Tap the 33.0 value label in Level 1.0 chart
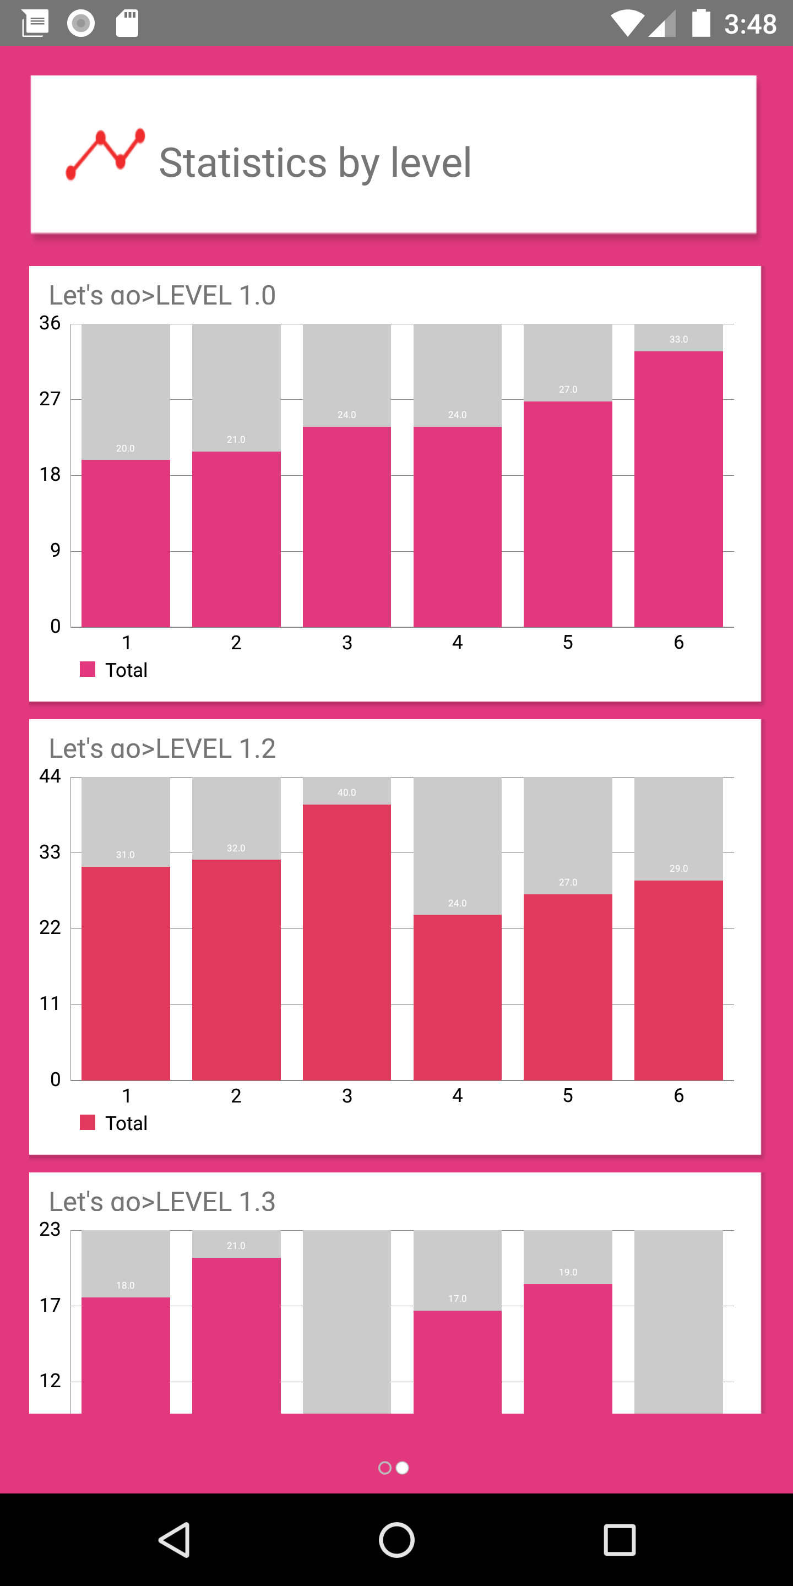[678, 339]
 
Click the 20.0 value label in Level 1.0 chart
[125, 448]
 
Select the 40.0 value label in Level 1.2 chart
[346, 792]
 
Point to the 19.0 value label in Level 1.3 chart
[568, 1272]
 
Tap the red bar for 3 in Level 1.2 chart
[346, 942]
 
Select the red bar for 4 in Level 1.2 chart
[458, 997]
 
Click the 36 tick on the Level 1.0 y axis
[50, 323]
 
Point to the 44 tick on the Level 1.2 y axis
[50, 776]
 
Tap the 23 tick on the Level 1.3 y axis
[50, 1229]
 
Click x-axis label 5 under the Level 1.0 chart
[568, 642]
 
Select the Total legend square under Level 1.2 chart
[88, 1122]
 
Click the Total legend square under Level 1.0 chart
[88, 669]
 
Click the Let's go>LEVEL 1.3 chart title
[162, 1201]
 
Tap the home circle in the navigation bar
[397, 1539]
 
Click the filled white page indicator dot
[402, 1468]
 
